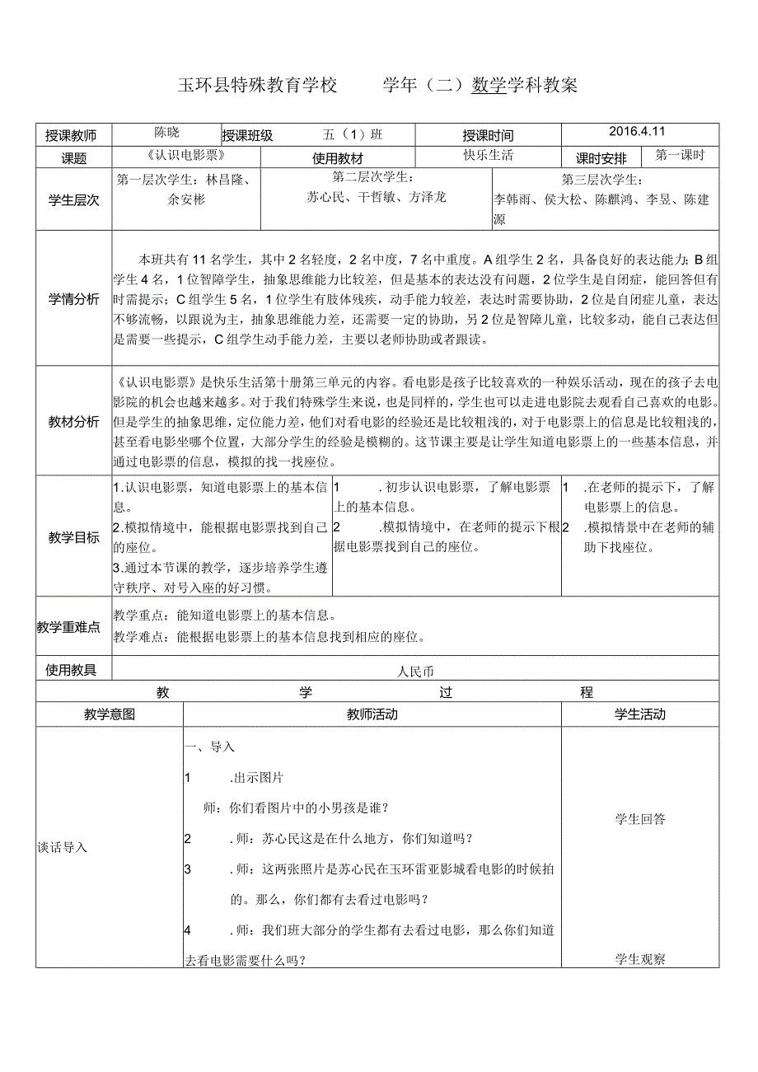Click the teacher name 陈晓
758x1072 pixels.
coord(166,132)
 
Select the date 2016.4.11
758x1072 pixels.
coord(637,131)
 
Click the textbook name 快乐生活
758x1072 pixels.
coord(489,156)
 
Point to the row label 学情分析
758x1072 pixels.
coord(73,297)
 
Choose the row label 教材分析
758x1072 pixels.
coord(73,421)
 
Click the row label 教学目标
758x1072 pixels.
coord(73,537)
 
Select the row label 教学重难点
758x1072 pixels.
coord(68,627)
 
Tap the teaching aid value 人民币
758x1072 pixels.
coord(414,672)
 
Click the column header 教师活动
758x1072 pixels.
coord(372,714)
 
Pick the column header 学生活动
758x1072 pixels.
coord(640,714)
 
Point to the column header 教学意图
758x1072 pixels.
coord(110,714)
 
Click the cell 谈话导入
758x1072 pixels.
coord(63,846)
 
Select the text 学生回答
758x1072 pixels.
coord(640,819)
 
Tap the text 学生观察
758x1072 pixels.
coord(640,959)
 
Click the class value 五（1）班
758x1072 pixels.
coord(354,134)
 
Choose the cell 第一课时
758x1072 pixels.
coord(681,155)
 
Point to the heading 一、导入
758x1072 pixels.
coord(211,747)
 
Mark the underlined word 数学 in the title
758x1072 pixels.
coord(489,85)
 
